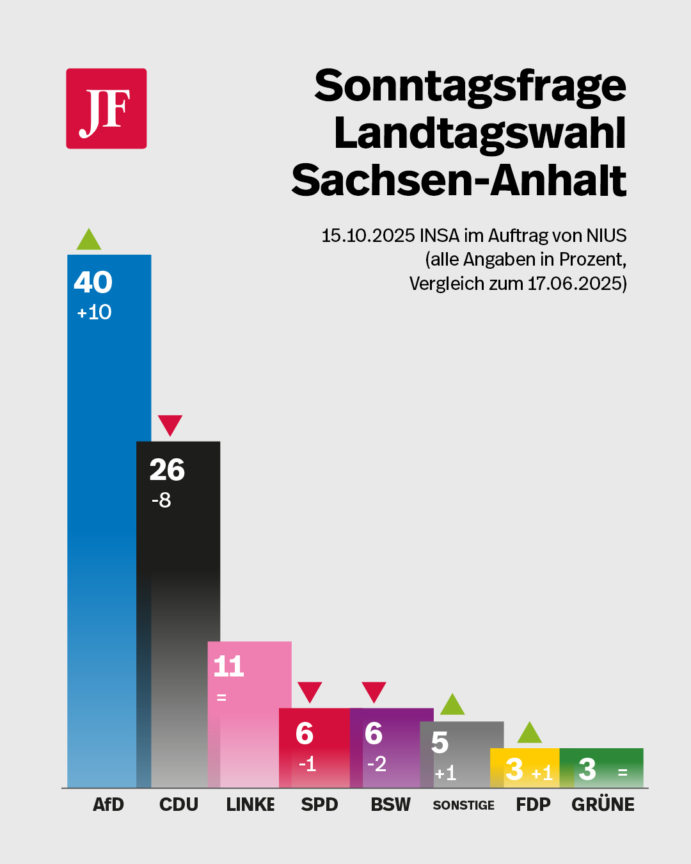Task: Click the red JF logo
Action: pyautogui.click(x=106, y=109)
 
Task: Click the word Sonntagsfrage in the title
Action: pyautogui.click(x=470, y=86)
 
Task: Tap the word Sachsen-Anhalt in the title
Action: pyautogui.click(x=458, y=180)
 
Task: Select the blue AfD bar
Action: pyautogui.click(x=102, y=512)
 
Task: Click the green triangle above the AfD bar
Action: pyautogui.click(x=89, y=241)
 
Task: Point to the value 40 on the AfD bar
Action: pyautogui.click(x=93, y=282)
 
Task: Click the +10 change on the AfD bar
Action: pyautogui.click(x=94, y=312)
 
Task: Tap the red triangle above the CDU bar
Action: pyautogui.click(x=170, y=424)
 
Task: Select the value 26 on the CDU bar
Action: pyautogui.click(x=167, y=470)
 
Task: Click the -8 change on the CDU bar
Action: pyautogui.click(x=161, y=500)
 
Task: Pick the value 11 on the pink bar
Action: pyautogui.click(x=228, y=666)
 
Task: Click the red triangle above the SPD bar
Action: pyautogui.click(x=310, y=691)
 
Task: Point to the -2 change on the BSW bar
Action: pyautogui.click(x=377, y=764)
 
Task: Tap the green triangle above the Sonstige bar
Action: pyautogui.click(x=452, y=705)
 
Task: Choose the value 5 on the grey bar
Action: pyautogui.click(x=440, y=742)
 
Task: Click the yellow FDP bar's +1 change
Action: pyautogui.click(x=542, y=773)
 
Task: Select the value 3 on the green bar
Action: pyautogui.click(x=587, y=769)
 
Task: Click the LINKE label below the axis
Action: pyautogui.click(x=250, y=804)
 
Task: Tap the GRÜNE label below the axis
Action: pyautogui.click(x=603, y=804)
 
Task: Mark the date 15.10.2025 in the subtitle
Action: pyautogui.click(x=368, y=236)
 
